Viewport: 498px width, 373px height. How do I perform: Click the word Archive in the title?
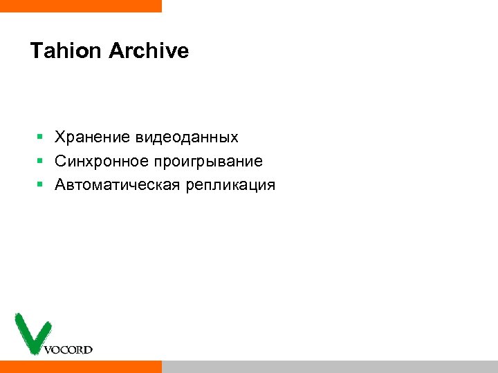click(149, 51)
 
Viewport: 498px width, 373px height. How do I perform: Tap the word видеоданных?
click(187, 137)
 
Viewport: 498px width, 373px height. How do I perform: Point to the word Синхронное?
click(102, 161)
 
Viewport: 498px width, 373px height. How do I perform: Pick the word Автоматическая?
click(118, 185)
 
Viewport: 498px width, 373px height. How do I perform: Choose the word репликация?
click(230, 186)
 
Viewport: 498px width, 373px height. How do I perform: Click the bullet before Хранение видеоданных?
click(41, 137)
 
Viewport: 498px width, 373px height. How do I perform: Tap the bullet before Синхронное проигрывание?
click(41, 162)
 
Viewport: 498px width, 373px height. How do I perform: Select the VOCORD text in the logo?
click(68, 350)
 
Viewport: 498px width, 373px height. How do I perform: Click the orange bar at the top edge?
click(80, 6)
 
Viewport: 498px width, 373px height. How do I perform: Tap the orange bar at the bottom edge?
click(80, 367)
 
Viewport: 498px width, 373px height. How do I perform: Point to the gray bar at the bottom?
click(329, 367)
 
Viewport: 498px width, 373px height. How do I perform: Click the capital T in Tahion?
click(36, 51)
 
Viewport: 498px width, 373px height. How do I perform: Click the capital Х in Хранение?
click(60, 137)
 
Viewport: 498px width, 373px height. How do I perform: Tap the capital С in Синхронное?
click(61, 161)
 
